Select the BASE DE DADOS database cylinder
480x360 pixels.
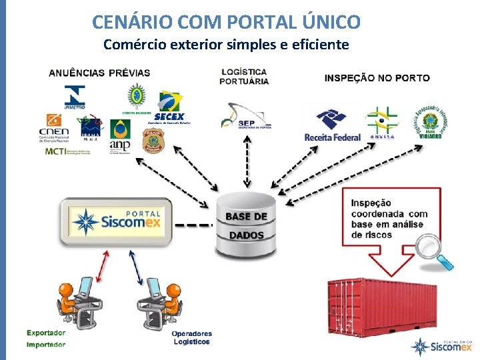pos(245,225)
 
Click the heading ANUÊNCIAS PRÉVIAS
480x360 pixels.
pos(99,73)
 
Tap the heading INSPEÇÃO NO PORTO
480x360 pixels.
pos(377,78)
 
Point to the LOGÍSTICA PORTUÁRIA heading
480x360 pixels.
pos(244,76)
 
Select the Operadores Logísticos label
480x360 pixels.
pos(191,337)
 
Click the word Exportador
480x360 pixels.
pos(46,333)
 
